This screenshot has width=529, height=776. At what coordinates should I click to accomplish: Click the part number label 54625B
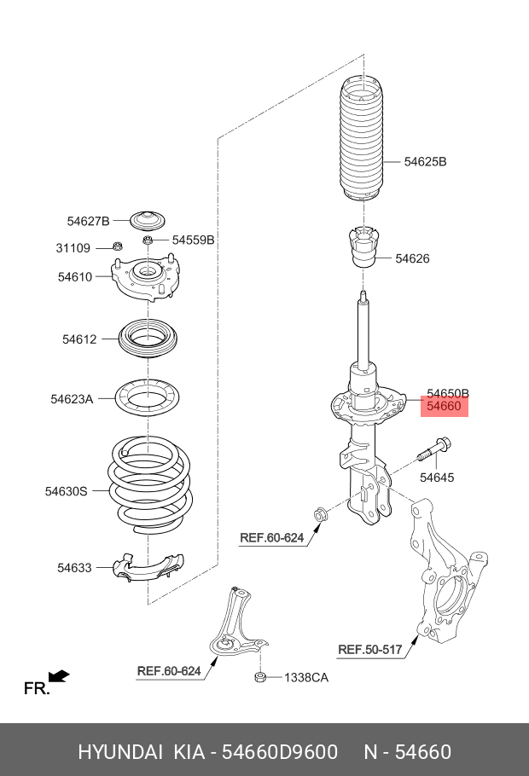pyautogui.click(x=425, y=161)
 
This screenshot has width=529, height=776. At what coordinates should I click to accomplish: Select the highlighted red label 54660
pyautogui.click(x=444, y=407)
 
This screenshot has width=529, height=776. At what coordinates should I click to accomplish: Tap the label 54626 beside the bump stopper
pyautogui.click(x=412, y=258)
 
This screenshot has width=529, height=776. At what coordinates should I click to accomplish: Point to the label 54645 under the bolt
pyautogui.click(x=436, y=478)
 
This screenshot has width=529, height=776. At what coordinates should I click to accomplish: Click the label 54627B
pyautogui.click(x=88, y=221)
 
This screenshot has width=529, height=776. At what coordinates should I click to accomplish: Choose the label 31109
pyautogui.click(x=73, y=248)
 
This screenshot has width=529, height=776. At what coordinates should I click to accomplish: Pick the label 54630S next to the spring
pyautogui.click(x=67, y=491)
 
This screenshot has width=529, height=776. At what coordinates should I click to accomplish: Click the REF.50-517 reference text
pyautogui.click(x=369, y=650)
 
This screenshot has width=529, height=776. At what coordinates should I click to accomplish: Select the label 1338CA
pyautogui.click(x=306, y=678)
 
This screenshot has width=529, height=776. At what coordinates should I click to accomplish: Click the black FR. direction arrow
pyautogui.click(x=58, y=676)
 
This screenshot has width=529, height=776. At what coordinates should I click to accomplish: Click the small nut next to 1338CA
pyautogui.click(x=262, y=678)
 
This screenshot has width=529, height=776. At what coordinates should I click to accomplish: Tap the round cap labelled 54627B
pyautogui.click(x=148, y=219)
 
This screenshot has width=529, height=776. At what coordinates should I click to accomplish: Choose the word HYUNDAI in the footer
pyautogui.click(x=120, y=751)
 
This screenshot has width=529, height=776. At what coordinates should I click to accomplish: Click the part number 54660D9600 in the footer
pyautogui.click(x=281, y=751)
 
